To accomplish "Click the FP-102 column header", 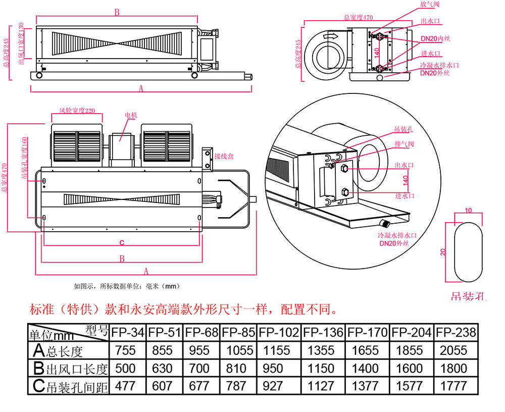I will [279, 332].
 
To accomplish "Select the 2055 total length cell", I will [456, 350].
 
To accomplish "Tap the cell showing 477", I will [126, 386].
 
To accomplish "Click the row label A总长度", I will [68, 350].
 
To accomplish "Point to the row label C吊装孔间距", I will [68, 386].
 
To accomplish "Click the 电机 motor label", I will [130, 116].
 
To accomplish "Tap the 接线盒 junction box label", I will [224, 157].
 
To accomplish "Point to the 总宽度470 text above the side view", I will [358, 17].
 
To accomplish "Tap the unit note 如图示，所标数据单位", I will [127, 286].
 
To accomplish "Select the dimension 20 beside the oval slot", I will [443, 252].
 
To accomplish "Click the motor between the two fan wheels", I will [122, 146].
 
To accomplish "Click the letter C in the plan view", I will [122, 243].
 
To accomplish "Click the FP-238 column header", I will [456, 332].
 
